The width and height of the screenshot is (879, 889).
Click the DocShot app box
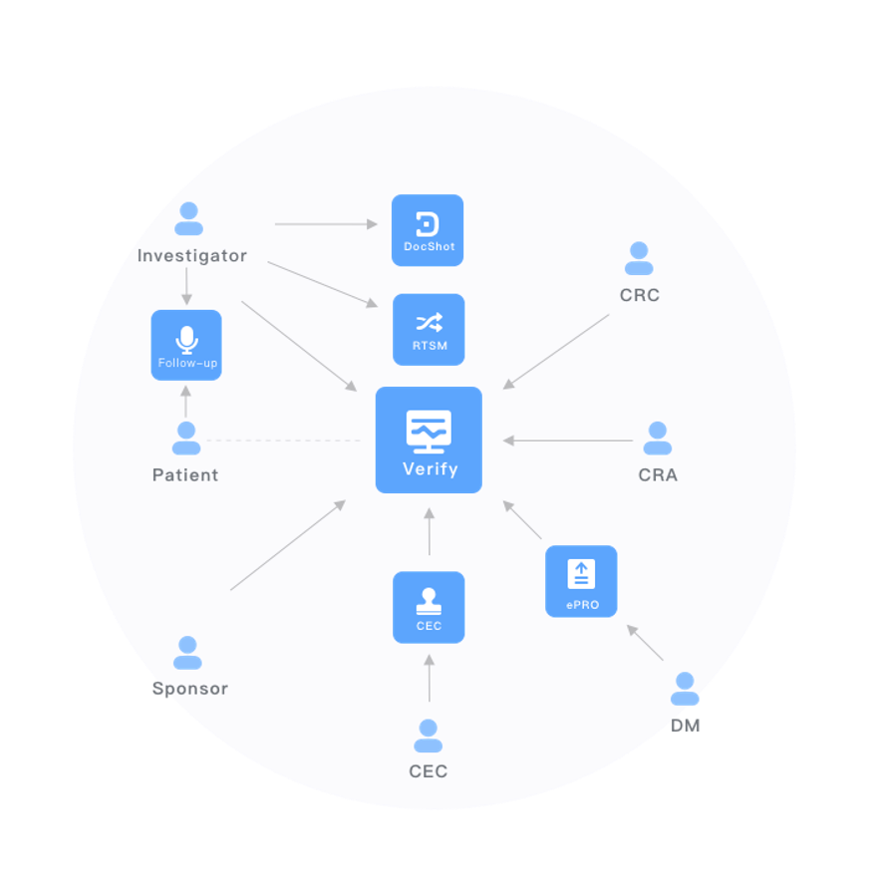tap(428, 230)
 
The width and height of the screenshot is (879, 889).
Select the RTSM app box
tap(429, 329)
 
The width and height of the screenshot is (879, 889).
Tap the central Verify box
tap(429, 440)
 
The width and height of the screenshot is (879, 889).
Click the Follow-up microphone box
tap(186, 345)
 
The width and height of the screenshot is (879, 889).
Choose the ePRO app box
tap(581, 581)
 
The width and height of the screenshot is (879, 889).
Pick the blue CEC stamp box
tap(429, 607)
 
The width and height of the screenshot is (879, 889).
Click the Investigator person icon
tap(188, 219)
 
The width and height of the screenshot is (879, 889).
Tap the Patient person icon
tap(186, 439)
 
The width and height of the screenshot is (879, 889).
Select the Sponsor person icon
tap(187, 653)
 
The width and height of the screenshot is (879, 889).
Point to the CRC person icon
tap(639, 259)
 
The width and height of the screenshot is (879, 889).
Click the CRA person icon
tap(658, 439)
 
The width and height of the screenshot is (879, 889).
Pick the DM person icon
tap(685, 689)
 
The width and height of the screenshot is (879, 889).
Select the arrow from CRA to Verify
tap(567, 441)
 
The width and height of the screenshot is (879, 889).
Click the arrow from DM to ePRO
tap(645, 643)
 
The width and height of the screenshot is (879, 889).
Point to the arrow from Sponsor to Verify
tap(288, 545)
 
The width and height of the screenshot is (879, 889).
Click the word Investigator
tap(192, 256)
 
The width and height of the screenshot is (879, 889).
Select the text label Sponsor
tap(189, 689)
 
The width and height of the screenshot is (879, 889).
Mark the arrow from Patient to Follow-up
tap(185, 402)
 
